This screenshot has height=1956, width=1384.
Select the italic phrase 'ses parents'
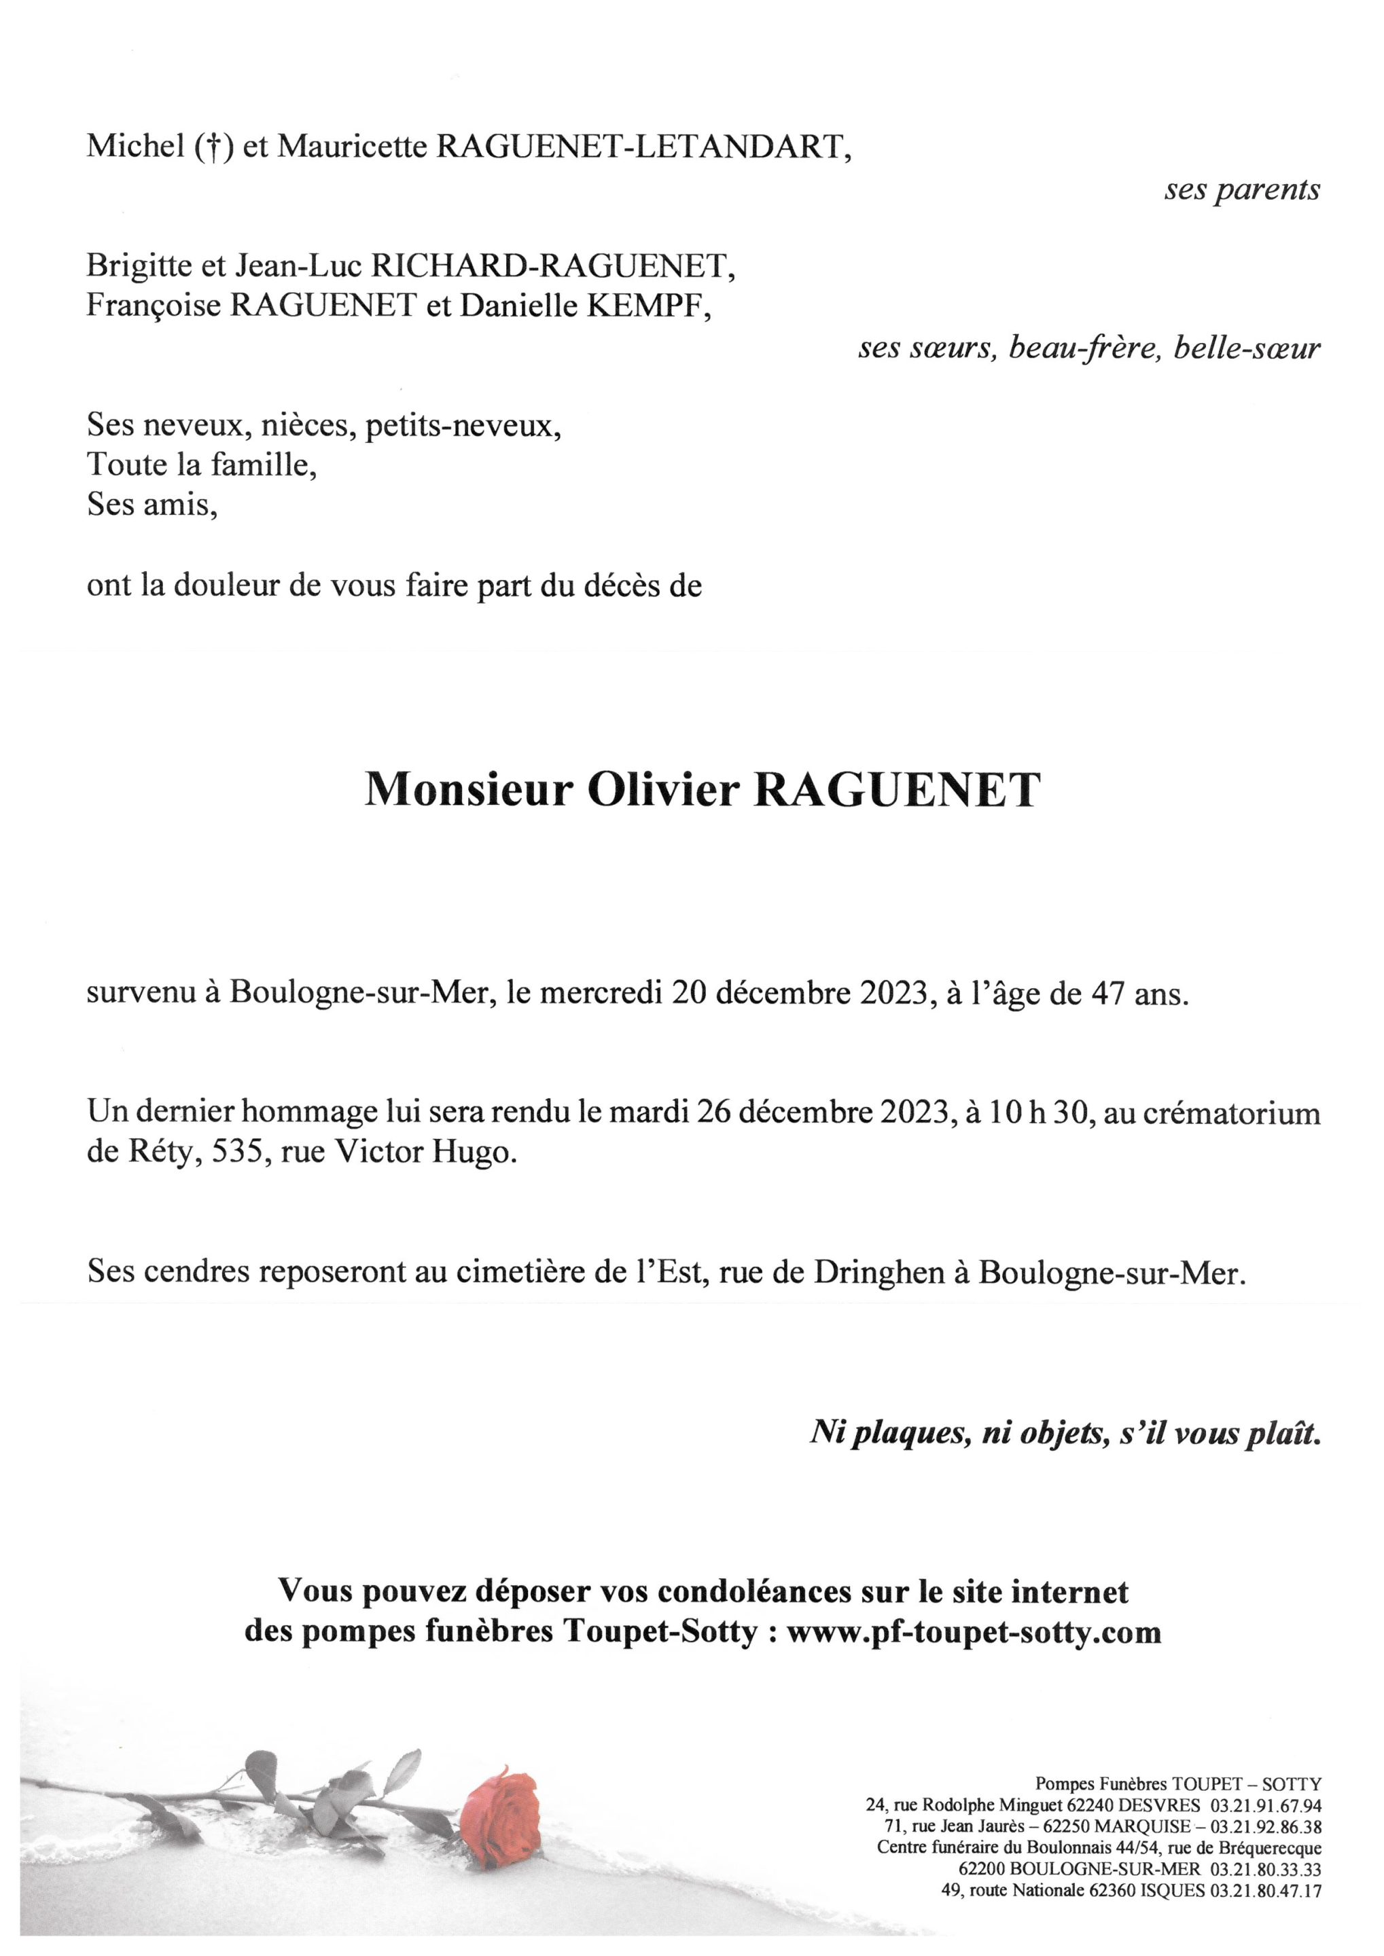1242,189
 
